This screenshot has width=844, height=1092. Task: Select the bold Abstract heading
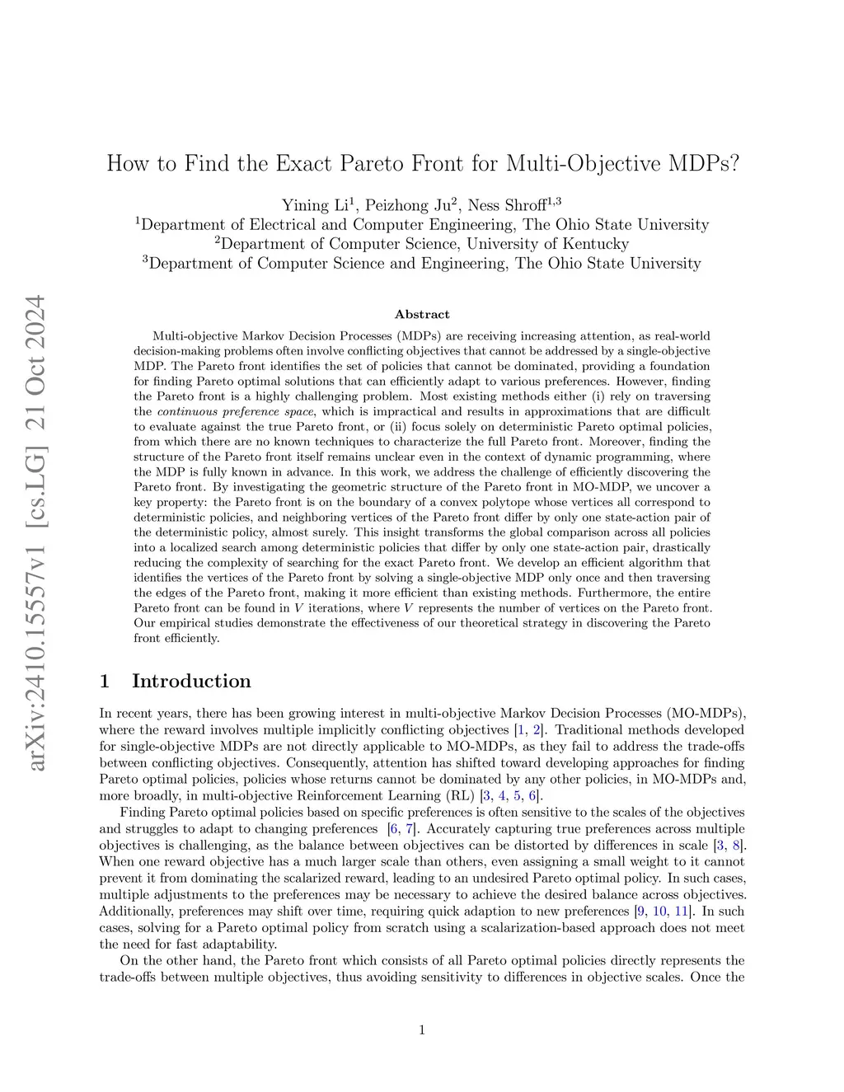pos(422,314)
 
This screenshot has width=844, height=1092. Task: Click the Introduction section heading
pos(191,681)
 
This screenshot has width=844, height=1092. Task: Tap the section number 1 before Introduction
pos(105,681)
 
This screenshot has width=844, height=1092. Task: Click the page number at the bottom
pos(422,1029)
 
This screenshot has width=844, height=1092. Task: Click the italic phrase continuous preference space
pos(235,411)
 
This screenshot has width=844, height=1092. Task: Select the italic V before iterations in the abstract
pos(298,608)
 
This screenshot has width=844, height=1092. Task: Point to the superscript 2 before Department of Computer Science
pos(218,240)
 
